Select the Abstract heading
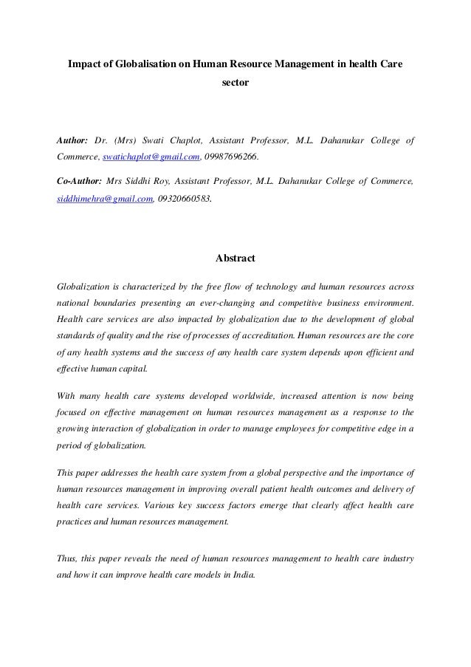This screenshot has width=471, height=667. (235, 259)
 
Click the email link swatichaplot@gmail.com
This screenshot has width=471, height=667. (151, 157)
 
